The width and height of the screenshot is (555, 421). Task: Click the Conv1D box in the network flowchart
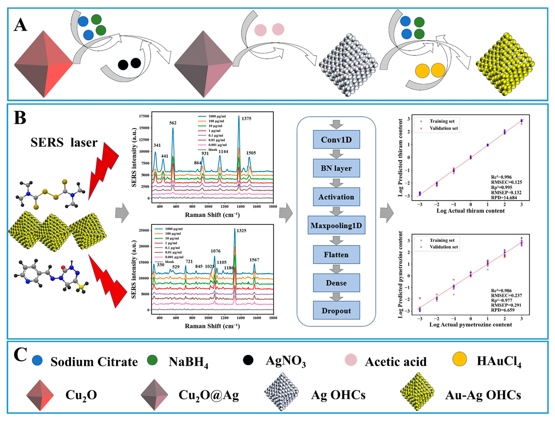coord(336,140)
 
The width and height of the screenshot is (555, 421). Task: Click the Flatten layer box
coord(336,255)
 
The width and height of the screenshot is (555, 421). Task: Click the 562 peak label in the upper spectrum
coord(173,123)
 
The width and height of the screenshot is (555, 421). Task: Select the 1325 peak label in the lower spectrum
coord(241,230)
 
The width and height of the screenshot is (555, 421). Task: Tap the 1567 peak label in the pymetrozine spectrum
coord(254,260)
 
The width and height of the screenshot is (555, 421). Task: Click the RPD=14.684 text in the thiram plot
coord(504,198)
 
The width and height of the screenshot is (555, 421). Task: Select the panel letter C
coord(20,354)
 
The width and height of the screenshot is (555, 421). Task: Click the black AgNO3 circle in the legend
coord(248,360)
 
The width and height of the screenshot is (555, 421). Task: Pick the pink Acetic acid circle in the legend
coord(351,360)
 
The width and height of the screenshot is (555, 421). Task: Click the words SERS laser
coord(64,143)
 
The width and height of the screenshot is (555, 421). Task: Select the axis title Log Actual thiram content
coord(470,211)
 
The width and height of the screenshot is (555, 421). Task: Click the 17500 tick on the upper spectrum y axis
coord(144,116)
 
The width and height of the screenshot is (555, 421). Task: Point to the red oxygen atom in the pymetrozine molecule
coord(63,267)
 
